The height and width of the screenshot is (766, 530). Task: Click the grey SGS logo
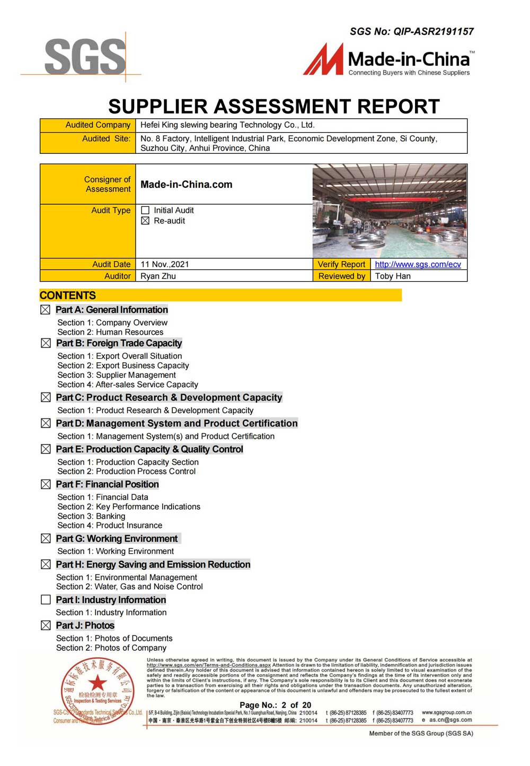pyautogui.click(x=85, y=56)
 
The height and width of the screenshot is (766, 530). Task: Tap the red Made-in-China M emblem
pyautogui.click(x=323, y=59)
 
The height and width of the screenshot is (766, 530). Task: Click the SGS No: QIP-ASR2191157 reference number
pyautogui.click(x=411, y=31)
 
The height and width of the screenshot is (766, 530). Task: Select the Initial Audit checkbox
pyautogui.click(x=145, y=211)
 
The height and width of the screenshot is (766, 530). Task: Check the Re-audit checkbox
pyautogui.click(x=145, y=221)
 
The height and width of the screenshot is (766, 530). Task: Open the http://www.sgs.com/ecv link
pyautogui.click(x=418, y=264)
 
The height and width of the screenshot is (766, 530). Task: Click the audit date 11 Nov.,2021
pyautogui.click(x=164, y=264)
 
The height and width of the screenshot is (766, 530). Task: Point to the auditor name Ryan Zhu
pyautogui.click(x=158, y=276)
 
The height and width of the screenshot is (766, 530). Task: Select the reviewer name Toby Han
pyautogui.click(x=393, y=276)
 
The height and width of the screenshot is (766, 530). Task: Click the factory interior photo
pyautogui.click(x=390, y=211)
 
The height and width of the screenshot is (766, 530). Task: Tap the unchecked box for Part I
pyautogui.click(x=46, y=599)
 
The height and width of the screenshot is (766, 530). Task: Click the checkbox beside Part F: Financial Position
pyautogui.click(x=46, y=484)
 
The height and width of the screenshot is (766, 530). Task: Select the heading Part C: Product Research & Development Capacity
pyautogui.click(x=169, y=397)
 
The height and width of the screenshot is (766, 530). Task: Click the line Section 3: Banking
pyautogui.click(x=91, y=516)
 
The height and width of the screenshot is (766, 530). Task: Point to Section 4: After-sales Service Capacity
pyautogui.click(x=127, y=385)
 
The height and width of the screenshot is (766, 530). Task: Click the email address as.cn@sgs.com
pyautogui.click(x=450, y=720)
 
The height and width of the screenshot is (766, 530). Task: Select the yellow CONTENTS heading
pyautogui.click(x=68, y=295)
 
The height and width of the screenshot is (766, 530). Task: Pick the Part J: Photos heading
pyautogui.click(x=85, y=625)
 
